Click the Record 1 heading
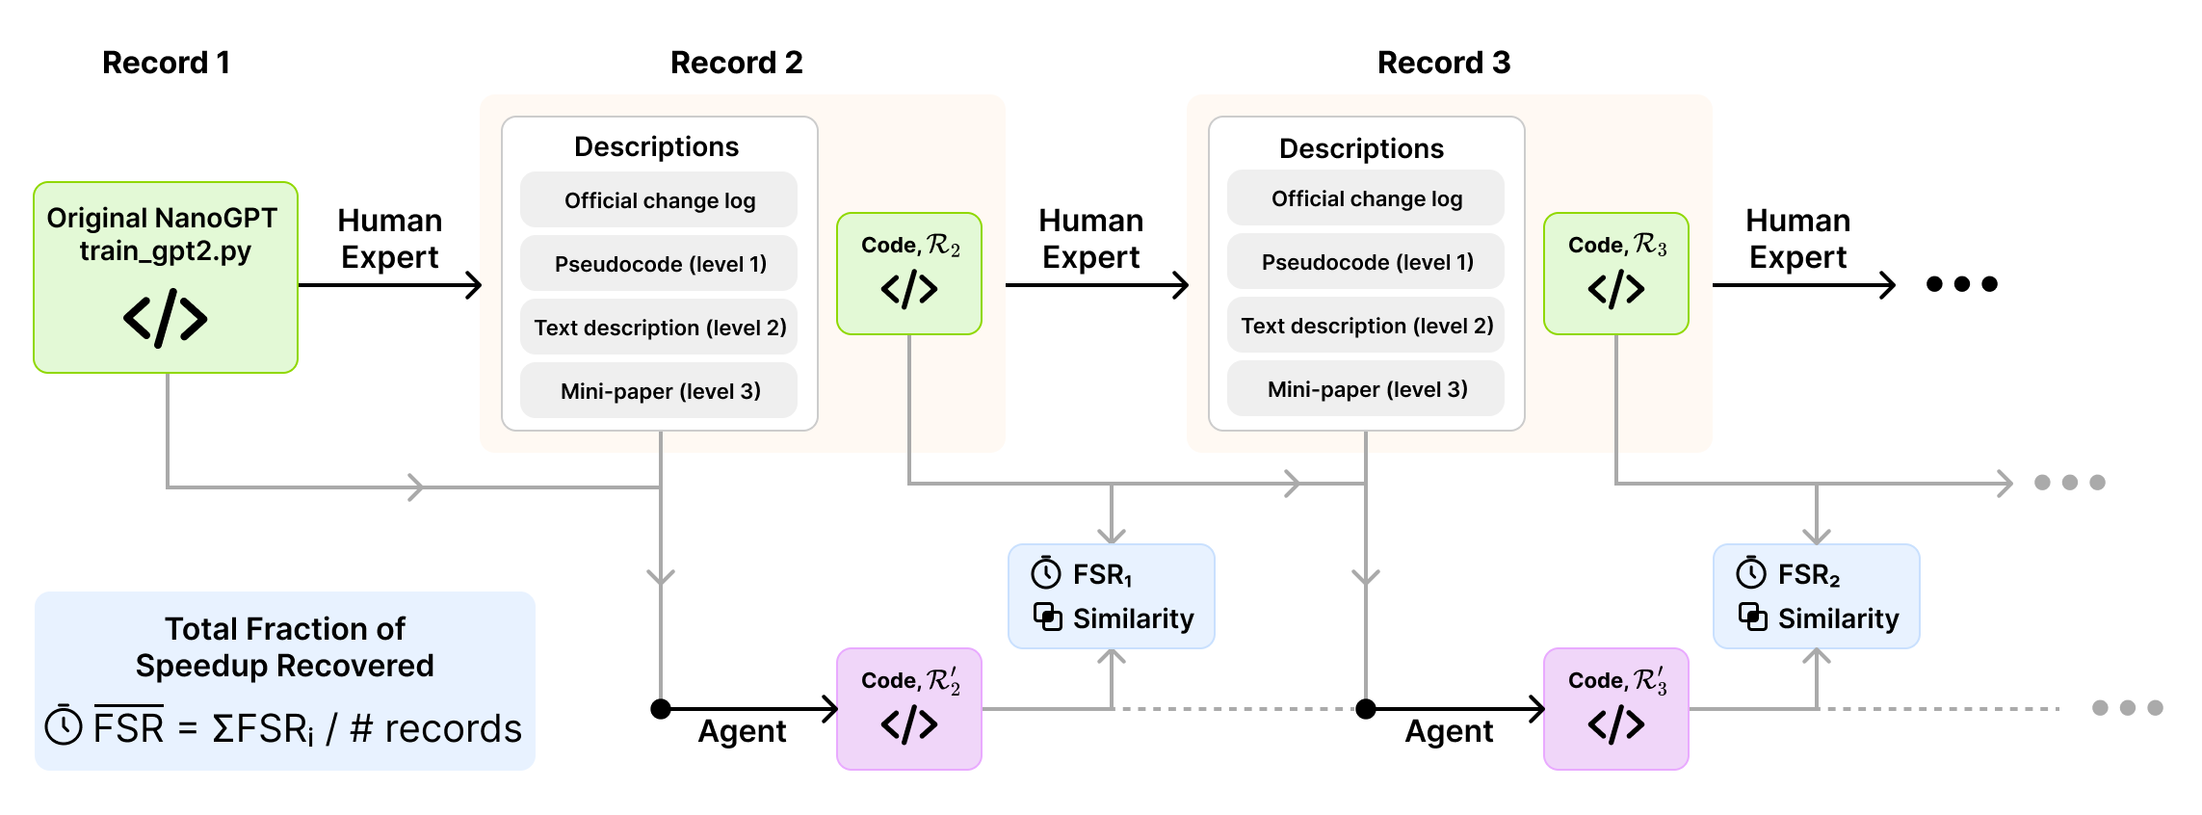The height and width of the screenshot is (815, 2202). tap(166, 63)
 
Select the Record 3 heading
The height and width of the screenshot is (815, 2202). tap(1443, 63)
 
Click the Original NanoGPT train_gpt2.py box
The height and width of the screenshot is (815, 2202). tap(166, 277)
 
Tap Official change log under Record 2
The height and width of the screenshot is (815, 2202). tap(659, 200)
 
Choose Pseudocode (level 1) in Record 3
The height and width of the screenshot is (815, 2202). tap(1366, 262)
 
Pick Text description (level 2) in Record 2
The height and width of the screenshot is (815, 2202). tap(659, 328)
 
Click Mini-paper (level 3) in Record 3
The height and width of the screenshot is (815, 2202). tap(1366, 389)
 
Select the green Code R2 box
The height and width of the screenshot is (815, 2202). tap(909, 274)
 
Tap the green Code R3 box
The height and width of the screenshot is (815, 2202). tap(1615, 274)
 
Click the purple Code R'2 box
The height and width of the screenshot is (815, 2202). tap(909, 709)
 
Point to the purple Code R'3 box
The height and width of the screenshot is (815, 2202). tap(1615, 709)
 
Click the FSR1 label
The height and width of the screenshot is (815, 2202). tap(1102, 575)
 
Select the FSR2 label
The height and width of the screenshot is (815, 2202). tap(1808, 575)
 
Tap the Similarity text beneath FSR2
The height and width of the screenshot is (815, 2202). tap(1837, 618)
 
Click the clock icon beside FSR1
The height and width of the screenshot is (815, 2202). tap(1046, 573)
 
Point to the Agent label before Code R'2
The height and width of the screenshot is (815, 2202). tap(742, 731)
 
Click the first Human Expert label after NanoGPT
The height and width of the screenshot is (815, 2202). tap(389, 239)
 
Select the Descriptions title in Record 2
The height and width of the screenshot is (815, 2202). tap(656, 146)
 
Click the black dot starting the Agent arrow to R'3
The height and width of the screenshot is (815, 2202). tap(1366, 709)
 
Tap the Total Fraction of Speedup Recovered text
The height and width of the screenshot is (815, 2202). tap(285, 647)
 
